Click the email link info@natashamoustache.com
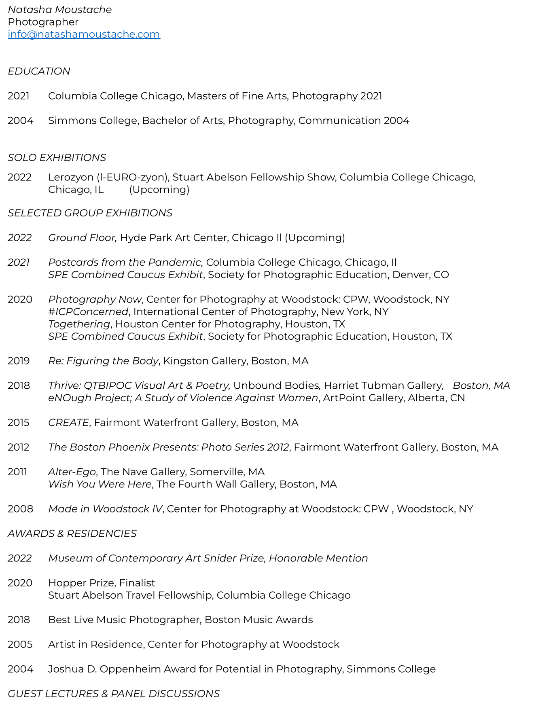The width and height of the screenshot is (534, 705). pos(84,34)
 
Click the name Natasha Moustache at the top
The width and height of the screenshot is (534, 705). pos(60,9)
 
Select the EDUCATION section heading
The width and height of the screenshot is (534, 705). pos(39,71)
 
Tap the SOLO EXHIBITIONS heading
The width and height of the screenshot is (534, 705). pos(57,157)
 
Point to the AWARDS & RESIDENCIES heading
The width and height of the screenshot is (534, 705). pos(72,534)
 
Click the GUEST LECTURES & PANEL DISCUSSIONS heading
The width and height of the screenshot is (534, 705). pos(114,694)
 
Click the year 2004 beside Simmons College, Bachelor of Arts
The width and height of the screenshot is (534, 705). pos(21,121)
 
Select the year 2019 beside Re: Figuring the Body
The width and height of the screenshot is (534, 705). pos(19,361)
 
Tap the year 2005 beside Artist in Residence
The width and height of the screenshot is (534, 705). pos(20,644)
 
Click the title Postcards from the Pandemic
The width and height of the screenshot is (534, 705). pos(125,262)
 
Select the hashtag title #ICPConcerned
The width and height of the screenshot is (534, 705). pos(88,312)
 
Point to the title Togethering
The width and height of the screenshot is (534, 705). pos(79,324)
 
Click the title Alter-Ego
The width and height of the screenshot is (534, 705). pos(72,472)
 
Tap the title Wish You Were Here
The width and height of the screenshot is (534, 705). pos(100,484)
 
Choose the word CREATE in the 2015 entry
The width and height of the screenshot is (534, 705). pos(68,422)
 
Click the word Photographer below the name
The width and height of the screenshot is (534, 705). pos(43,22)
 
